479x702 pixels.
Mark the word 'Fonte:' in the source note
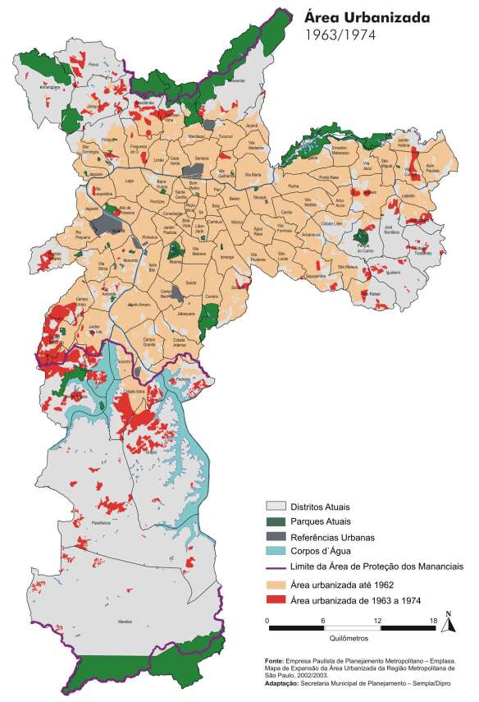[275, 660]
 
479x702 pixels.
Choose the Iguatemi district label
[393, 272]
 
